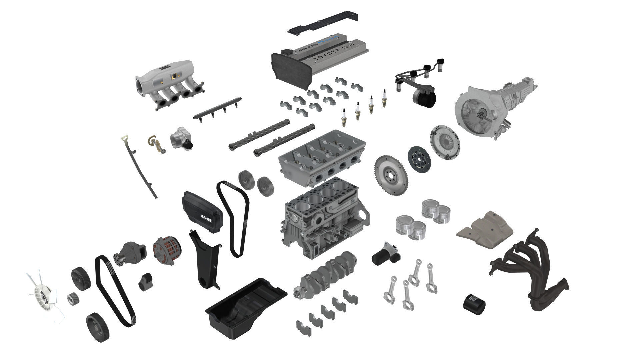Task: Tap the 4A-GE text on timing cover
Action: click(x=206, y=216)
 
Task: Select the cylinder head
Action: click(x=322, y=157)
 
